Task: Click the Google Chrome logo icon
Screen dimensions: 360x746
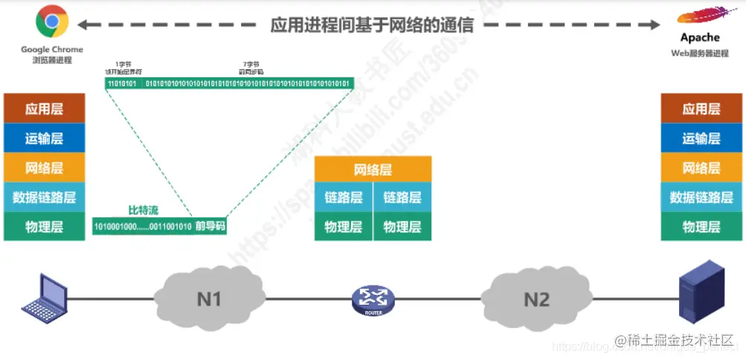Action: [x=51, y=22]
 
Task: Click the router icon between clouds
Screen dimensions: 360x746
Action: [x=373, y=300]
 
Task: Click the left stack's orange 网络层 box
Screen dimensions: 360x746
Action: [x=44, y=167]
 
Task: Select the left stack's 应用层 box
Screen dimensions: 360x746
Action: [x=44, y=109]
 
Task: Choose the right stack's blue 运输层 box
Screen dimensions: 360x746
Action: [x=701, y=138]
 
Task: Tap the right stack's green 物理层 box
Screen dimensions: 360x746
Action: [x=701, y=227]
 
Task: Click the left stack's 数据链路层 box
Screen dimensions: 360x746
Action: [x=44, y=197]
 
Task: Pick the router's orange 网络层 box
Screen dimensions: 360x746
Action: [x=373, y=170]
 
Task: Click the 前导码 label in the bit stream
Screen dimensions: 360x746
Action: [x=210, y=226]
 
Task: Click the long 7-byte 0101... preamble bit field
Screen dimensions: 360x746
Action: [x=248, y=83]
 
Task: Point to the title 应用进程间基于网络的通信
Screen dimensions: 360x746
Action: [x=372, y=24]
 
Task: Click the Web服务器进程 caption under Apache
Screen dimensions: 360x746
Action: [x=699, y=54]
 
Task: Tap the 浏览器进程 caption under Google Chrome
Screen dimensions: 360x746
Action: [x=52, y=60]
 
